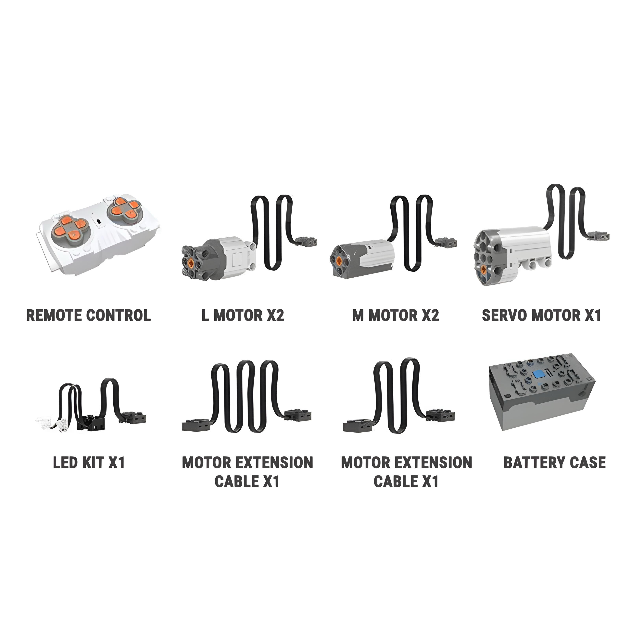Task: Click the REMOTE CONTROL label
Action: pos(88,315)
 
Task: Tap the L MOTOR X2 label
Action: pos(243,315)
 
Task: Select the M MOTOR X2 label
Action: pos(396,315)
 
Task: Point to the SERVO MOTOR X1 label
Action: pos(541,315)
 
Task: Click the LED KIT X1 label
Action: pos(89,462)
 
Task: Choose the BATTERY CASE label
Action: pos(555,462)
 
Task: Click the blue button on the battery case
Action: pos(539,374)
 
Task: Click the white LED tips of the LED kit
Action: pos(52,424)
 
